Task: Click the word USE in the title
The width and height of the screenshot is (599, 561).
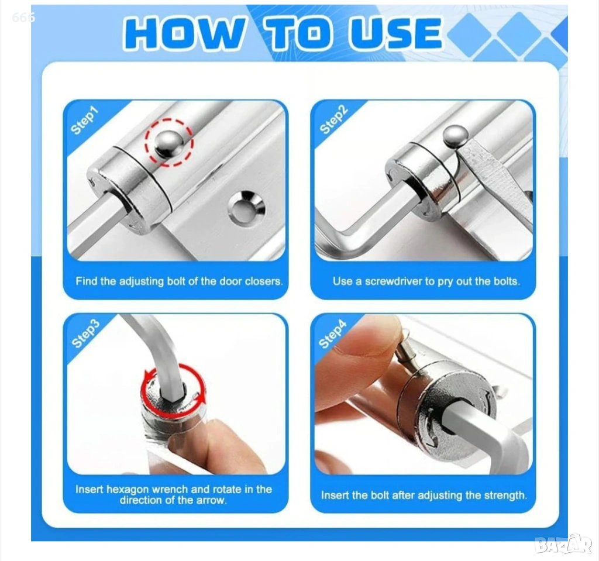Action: click(x=395, y=33)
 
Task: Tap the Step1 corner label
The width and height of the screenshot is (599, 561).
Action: click(x=85, y=121)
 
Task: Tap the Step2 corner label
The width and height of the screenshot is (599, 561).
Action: click(x=333, y=120)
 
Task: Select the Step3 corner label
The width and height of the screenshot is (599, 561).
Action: click(x=85, y=333)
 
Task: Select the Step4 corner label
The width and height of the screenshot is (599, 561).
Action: click(x=333, y=333)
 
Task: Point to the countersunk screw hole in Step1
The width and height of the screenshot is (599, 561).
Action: click(x=246, y=208)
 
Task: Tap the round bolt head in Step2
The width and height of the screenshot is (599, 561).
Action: click(x=455, y=136)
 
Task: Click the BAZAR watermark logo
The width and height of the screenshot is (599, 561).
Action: click(x=563, y=544)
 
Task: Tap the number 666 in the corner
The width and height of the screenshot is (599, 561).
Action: click(x=23, y=17)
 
